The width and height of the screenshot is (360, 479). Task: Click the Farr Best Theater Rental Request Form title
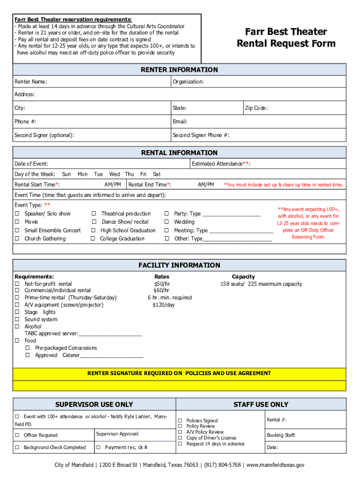click(286, 37)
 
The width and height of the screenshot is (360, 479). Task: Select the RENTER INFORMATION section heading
click(180, 70)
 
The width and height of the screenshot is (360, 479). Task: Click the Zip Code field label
click(256, 108)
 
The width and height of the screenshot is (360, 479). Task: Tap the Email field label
click(180, 122)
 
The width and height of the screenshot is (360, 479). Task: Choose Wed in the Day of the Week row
click(115, 174)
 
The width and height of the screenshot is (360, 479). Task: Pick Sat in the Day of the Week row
click(157, 174)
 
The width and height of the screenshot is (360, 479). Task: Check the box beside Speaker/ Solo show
click(17, 214)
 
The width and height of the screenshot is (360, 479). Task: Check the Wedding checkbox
click(166, 222)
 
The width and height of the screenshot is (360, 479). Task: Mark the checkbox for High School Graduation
click(94, 231)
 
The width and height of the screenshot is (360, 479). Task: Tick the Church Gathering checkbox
click(17, 239)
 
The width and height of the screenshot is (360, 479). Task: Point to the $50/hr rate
click(162, 284)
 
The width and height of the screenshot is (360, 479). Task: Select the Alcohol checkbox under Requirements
click(17, 327)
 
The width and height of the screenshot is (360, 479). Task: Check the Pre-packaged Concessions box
click(28, 348)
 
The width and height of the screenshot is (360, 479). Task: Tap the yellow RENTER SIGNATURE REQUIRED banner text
click(179, 373)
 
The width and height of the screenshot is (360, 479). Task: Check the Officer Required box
click(17, 435)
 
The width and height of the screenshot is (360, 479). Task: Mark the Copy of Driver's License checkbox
click(180, 438)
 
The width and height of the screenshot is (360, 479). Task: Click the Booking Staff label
click(281, 435)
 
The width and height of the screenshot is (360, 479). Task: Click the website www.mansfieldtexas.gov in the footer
click(275, 465)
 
